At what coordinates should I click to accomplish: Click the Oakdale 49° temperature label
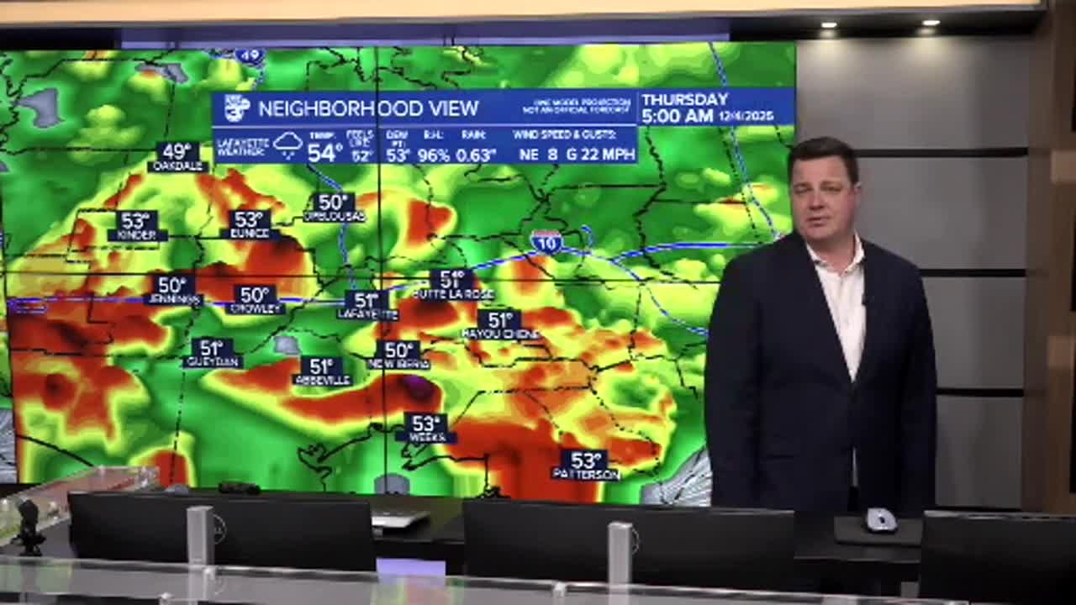point(177,157)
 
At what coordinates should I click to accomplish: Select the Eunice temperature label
point(251,225)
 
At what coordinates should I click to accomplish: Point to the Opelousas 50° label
point(334,208)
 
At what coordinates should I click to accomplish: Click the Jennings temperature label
point(173,290)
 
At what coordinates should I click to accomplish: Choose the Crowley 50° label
point(255,300)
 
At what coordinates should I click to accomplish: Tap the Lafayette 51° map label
point(367,305)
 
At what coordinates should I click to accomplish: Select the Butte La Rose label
point(453,285)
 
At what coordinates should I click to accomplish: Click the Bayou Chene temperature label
point(500,325)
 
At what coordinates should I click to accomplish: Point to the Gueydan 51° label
point(212,353)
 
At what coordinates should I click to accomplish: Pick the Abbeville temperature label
point(322,371)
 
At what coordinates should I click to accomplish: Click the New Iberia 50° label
point(398,355)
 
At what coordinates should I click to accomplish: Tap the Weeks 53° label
point(426,429)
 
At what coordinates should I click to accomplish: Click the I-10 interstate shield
point(546,242)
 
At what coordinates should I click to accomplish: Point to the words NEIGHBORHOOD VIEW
point(368,108)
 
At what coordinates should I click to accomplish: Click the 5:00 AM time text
point(677,117)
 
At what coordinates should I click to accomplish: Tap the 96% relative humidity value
point(434,155)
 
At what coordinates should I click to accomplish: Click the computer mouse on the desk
point(880,520)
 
